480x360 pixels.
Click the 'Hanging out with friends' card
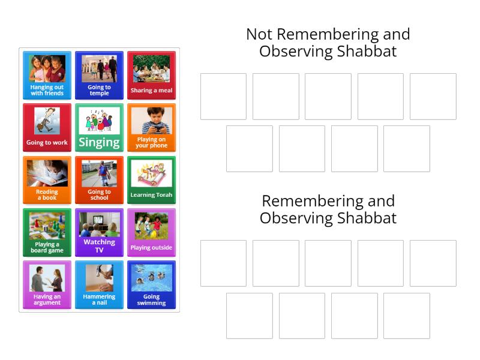(47, 76)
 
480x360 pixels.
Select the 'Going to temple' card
(99, 76)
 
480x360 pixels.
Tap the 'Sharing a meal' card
(152, 76)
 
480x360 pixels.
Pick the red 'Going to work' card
(47, 128)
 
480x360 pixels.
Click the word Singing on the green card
(99, 143)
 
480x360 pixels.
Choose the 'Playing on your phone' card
(152, 128)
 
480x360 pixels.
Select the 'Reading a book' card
(47, 180)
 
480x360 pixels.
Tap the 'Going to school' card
(99, 180)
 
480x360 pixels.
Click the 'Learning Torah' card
(152, 180)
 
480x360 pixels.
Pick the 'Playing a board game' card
(47, 233)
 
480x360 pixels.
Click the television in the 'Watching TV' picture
(98, 220)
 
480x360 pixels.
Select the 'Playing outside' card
(152, 233)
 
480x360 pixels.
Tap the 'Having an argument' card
(47, 284)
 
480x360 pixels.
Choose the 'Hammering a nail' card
(99, 284)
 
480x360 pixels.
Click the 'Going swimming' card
(152, 284)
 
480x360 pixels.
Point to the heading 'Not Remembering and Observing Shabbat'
(328, 43)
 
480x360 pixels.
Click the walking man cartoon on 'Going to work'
(47, 121)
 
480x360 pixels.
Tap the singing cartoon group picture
(99, 121)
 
